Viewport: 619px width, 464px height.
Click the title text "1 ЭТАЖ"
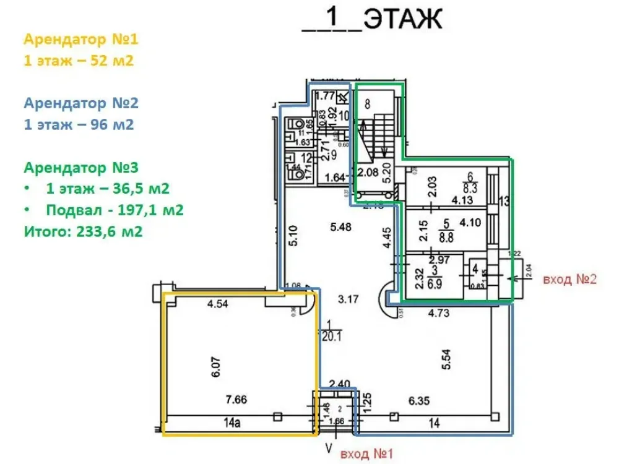coord(371,20)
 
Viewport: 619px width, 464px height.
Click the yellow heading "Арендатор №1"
coord(81,40)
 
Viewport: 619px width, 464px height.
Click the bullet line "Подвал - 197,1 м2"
coord(115,210)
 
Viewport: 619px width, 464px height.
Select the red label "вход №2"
coord(569,279)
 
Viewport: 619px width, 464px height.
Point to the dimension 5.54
coord(446,359)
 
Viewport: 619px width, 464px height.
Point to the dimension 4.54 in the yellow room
coord(218,304)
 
